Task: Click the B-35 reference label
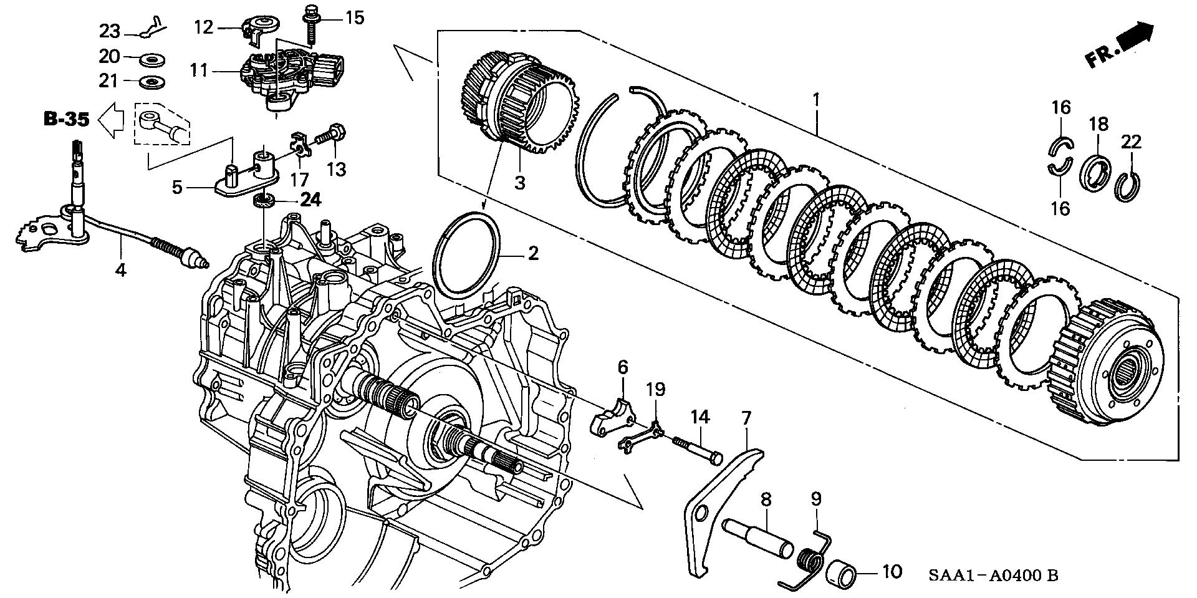tap(66, 119)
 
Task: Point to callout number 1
tap(816, 99)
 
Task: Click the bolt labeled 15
tap(309, 21)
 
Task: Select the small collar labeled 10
tap(843, 570)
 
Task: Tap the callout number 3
tap(519, 183)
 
